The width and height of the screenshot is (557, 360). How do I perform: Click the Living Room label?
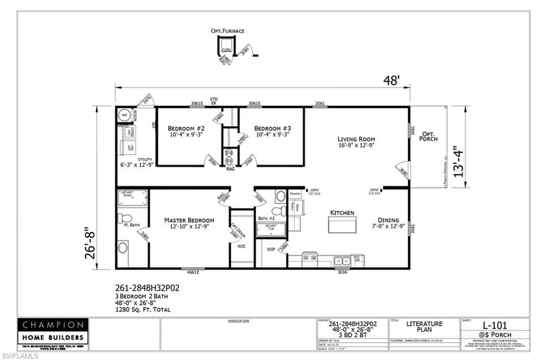356,139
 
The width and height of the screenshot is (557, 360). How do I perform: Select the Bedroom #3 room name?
271,128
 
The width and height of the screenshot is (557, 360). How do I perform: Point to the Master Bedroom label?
189,220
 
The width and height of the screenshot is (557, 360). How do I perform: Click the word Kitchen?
342,213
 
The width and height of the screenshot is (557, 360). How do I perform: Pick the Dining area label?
388,220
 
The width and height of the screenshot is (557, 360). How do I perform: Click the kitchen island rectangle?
342,225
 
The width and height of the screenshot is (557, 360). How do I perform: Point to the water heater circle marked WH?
123,115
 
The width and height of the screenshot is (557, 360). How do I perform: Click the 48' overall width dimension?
391,81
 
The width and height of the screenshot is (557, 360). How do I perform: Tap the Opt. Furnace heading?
226,31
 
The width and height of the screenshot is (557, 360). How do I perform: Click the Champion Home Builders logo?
53,332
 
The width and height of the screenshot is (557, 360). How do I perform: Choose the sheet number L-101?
494,325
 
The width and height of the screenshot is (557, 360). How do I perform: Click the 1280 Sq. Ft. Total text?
143,309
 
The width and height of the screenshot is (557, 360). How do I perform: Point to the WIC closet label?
241,246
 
